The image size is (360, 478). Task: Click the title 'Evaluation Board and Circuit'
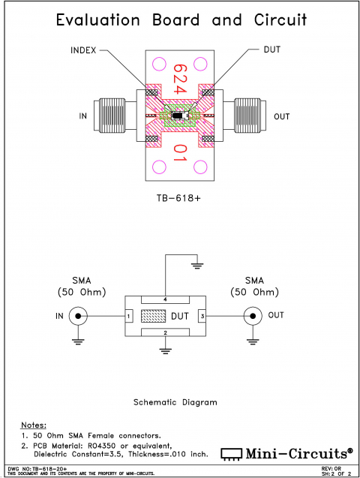[181, 20]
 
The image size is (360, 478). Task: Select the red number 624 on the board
[180, 79]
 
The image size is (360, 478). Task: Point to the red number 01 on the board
[180, 154]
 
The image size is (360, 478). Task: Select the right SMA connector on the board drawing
[249, 116]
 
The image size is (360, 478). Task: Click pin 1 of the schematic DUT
[129, 316]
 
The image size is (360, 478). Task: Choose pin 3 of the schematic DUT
[201, 316]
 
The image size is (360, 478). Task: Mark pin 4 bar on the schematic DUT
[165, 298]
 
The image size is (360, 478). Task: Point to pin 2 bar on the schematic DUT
[165, 332]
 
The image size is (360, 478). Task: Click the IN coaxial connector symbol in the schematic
[77, 316]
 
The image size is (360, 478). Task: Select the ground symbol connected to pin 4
[197, 264]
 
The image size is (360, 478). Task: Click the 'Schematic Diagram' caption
[175, 401]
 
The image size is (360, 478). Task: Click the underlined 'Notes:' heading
[33, 425]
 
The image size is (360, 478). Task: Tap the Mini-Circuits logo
[287, 452]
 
